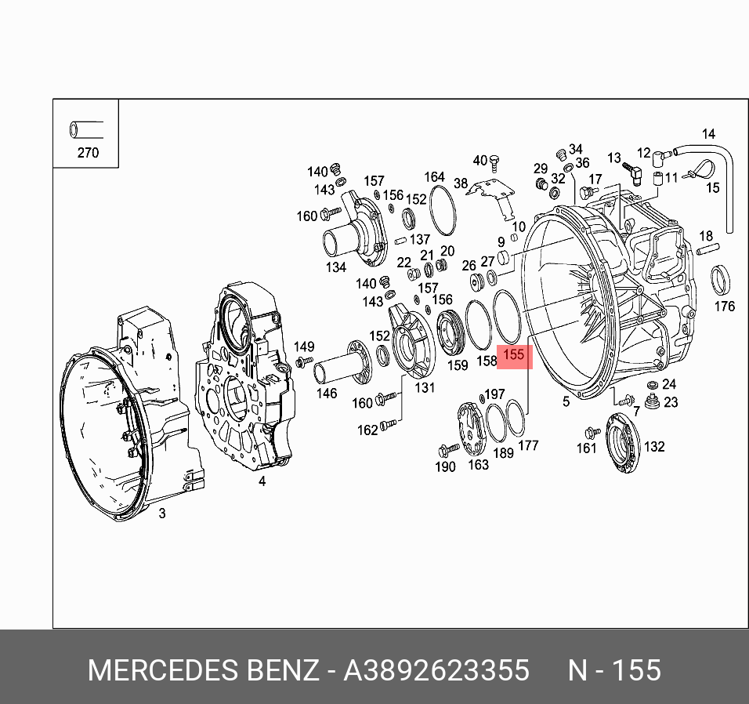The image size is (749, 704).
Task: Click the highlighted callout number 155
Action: pyautogui.click(x=513, y=355)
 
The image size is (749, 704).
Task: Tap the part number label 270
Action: pyautogui.click(x=88, y=153)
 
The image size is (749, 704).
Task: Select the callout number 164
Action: pyautogui.click(x=434, y=177)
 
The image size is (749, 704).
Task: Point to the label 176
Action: pyautogui.click(x=725, y=306)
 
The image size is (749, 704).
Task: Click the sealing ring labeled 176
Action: pyautogui.click(x=722, y=279)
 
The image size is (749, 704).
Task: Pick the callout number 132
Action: pyautogui.click(x=653, y=447)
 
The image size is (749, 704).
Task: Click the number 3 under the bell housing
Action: pyautogui.click(x=161, y=513)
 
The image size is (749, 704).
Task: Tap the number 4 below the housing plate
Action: pyautogui.click(x=262, y=481)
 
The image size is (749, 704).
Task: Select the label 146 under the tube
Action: pyautogui.click(x=326, y=394)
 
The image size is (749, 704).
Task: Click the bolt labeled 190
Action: pyautogui.click(x=450, y=450)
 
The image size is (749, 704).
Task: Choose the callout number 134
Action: pyautogui.click(x=336, y=268)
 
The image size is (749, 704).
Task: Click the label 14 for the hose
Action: pyautogui.click(x=708, y=134)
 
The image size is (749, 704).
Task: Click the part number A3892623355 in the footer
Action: pyautogui.click(x=437, y=671)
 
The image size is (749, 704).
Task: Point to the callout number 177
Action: pyautogui.click(x=529, y=446)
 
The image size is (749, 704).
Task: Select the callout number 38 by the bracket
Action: pyautogui.click(x=461, y=184)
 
